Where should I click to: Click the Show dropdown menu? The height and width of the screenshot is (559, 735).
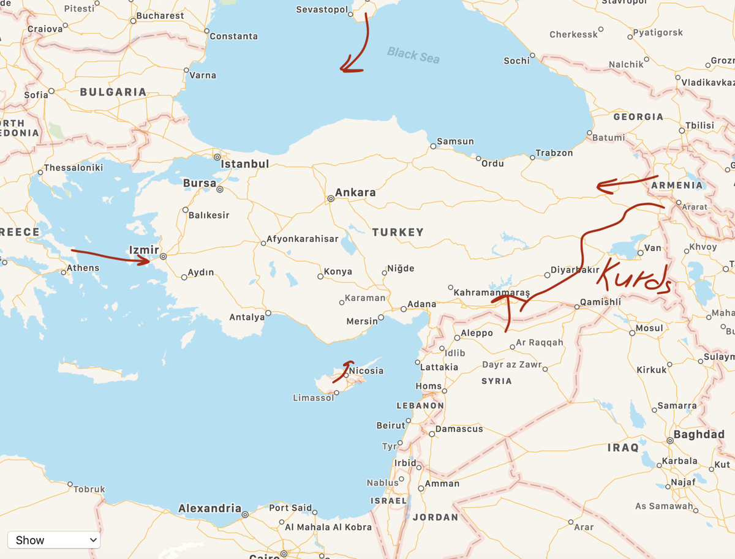(54, 539)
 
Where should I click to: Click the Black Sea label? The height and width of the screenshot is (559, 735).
(413, 55)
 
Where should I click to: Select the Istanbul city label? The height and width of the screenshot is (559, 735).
(244, 164)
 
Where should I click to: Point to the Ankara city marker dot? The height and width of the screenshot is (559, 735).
(331, 198)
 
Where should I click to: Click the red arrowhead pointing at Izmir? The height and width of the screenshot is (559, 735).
(146, 260)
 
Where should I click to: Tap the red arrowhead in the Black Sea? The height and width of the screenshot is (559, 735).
(348, 69)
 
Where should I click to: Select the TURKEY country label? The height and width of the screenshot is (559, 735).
(398, 232)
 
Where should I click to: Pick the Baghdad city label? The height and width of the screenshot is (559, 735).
(699, 435)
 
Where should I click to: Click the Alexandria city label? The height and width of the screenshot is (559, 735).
(209, 509)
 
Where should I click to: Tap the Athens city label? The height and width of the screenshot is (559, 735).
(83, 268)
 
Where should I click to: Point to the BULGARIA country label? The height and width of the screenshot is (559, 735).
(113, 92)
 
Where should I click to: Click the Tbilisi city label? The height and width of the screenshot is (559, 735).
(699, 125)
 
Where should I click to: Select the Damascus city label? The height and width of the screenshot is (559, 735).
(459, 429)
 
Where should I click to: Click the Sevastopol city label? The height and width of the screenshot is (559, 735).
(322, 9)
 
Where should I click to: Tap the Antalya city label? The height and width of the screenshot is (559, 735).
(247, 317)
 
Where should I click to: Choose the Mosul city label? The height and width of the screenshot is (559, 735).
(649, 328)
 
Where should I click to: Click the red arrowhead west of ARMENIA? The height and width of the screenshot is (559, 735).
(602, 186)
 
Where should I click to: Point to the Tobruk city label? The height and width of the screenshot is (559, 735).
(89, 489)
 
